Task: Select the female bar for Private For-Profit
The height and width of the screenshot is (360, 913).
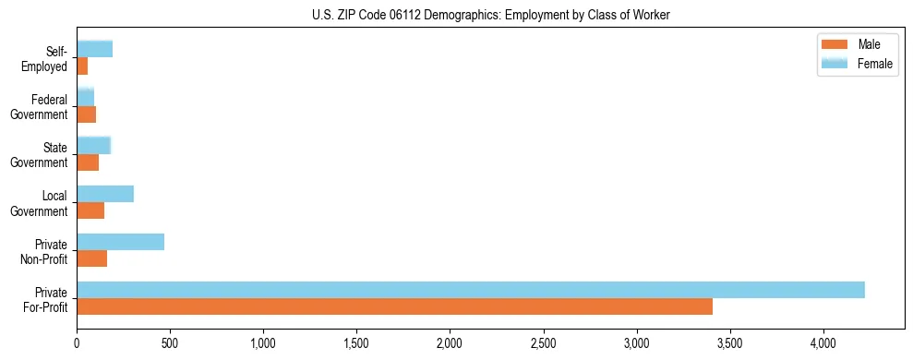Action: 470,290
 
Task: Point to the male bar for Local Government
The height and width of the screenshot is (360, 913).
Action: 90,210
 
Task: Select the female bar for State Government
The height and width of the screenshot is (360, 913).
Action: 93,145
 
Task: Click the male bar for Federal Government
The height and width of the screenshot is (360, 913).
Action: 86,114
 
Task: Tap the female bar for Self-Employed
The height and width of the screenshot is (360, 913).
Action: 94,49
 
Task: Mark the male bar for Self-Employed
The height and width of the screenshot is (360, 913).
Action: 82,66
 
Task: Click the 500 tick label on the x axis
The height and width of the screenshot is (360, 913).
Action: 170,342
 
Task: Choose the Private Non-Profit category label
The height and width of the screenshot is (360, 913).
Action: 47,251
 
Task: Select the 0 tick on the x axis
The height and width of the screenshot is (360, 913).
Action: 77,342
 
